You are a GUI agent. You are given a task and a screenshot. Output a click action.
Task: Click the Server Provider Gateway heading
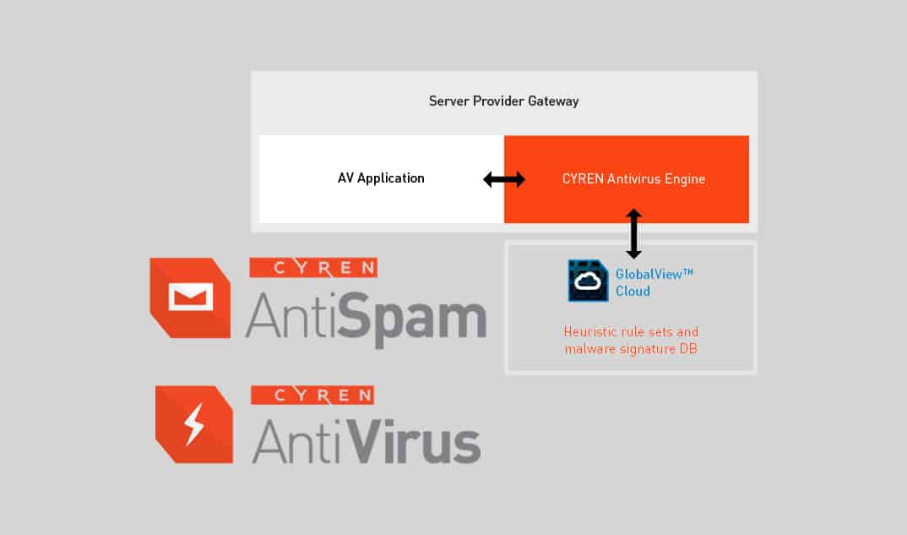503,101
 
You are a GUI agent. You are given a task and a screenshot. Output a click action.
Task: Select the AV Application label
381,178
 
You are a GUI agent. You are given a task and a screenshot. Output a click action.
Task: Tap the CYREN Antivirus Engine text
633,179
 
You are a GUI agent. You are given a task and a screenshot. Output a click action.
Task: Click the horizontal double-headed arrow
504,179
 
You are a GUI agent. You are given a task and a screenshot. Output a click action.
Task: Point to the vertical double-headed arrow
633,234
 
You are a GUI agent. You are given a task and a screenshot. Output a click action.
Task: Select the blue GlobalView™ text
654,274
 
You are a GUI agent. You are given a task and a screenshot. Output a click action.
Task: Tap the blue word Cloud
633,292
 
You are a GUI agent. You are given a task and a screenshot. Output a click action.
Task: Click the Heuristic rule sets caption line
631,331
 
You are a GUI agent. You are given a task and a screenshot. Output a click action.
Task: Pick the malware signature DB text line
631,348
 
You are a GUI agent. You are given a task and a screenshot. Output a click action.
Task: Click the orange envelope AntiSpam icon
190,297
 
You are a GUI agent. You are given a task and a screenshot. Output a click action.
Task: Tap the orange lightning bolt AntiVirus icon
193,424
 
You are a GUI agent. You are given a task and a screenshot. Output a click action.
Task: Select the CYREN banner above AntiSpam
313,268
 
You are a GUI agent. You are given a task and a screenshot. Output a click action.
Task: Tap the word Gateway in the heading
553,101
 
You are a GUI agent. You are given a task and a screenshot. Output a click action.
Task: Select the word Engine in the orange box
685,179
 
